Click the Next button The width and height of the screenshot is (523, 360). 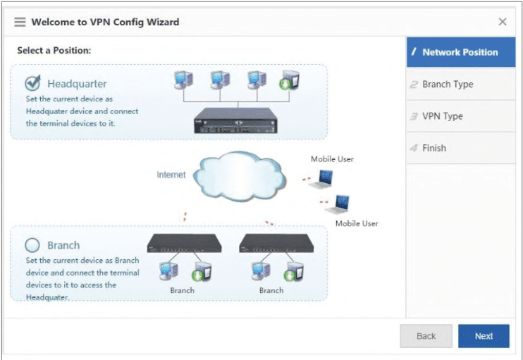click(484, 336)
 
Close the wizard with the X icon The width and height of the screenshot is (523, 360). click(503, 22)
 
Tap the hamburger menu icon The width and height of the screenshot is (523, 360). click(20, 22)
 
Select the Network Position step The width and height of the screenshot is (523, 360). click(461, 52)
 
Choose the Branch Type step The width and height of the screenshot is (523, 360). click(461, 84)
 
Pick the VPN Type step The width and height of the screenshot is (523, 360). click(461, 116)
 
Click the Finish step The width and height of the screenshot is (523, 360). click(461, 148)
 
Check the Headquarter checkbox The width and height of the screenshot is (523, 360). click(32, 83)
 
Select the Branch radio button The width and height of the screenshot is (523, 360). click(32, 245)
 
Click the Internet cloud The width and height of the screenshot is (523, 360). click(239, 176)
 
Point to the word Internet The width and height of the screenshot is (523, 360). click(171, 174)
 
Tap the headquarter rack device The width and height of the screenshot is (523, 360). click(236, 120)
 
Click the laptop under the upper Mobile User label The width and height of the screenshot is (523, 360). click(321, 179)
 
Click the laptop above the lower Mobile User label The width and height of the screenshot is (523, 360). click(338, 204)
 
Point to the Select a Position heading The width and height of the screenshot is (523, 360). click(54, 50)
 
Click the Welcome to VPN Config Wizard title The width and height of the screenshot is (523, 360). click(105, 22)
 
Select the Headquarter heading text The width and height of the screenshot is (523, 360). click(77, 84)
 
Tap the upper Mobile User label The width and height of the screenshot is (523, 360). click(332, 159)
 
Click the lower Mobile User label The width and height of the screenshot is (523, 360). click(357, 223)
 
